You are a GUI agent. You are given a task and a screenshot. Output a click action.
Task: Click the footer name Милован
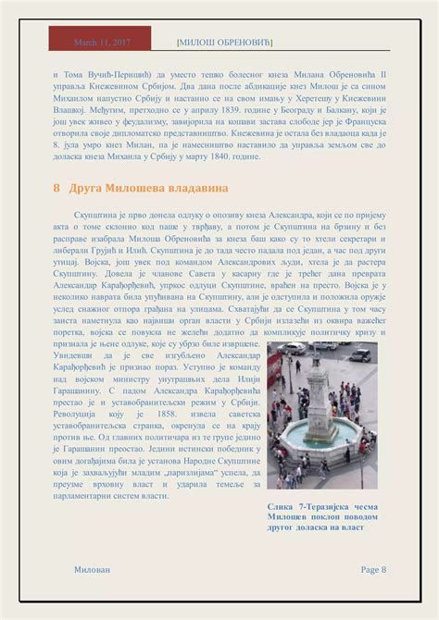pos(91,569)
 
